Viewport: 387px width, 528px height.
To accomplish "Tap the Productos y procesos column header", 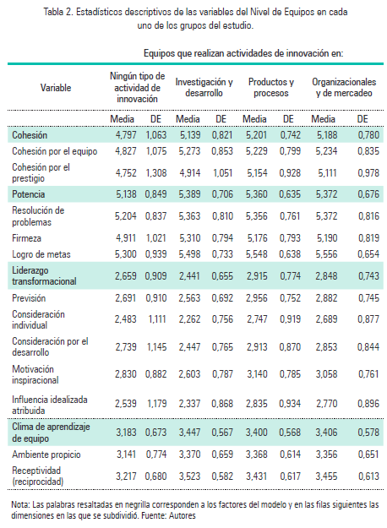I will tap(271, 87).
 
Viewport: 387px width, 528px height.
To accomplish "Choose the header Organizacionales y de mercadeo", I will tap(342, 87).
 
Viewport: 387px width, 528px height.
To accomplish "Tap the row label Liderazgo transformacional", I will tap(45, 275).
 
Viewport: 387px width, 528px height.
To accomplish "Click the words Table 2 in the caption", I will tap(92, 12).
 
